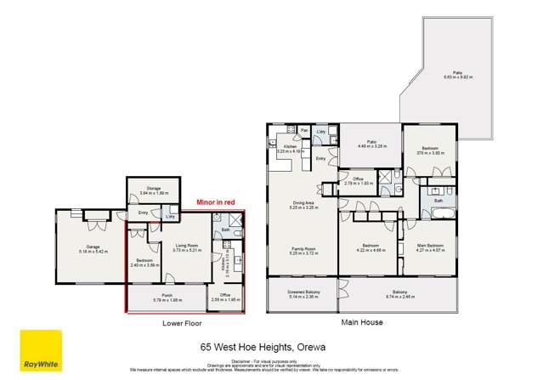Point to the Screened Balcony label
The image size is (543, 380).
tap(295, 294)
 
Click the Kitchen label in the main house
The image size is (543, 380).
tap(290, 147)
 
